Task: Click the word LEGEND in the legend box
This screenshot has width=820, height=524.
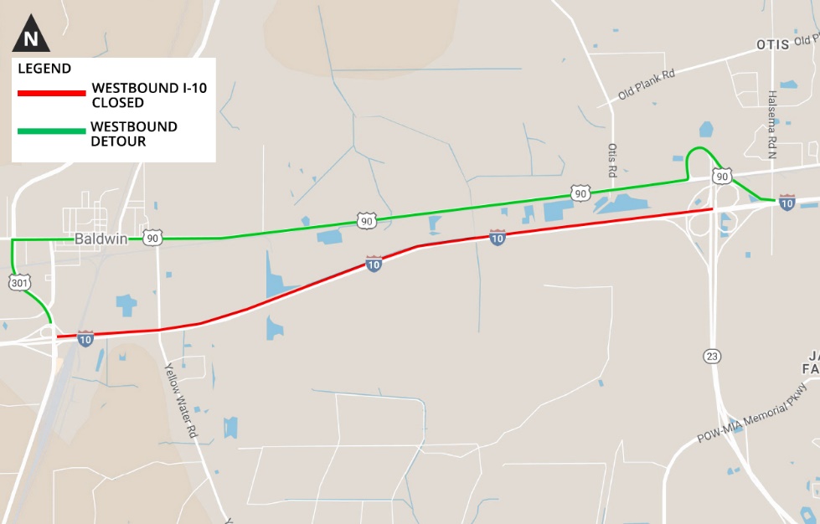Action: point(44,69)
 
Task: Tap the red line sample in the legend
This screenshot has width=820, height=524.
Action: point(51,93)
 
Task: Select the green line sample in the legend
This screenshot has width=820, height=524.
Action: point(51,131)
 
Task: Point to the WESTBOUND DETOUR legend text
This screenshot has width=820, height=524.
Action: point(134,134)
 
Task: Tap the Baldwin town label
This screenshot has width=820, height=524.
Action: point(101,239)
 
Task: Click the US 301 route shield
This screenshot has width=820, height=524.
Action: point(19,284)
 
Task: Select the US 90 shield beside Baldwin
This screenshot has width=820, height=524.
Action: point(152,239)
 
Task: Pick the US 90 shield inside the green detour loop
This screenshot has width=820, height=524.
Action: point(722,176)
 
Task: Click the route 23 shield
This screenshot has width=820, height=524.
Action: point(712,357)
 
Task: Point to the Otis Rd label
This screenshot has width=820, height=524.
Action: point(613,160)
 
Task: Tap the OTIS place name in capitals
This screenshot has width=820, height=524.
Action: point(772,44)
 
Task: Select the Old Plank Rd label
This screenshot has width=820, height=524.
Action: point(646,85)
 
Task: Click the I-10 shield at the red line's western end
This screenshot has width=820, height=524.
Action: point(85,338)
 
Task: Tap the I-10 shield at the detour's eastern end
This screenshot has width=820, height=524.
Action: point(786,202)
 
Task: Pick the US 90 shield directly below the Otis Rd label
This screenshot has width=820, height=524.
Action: point(580,193)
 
